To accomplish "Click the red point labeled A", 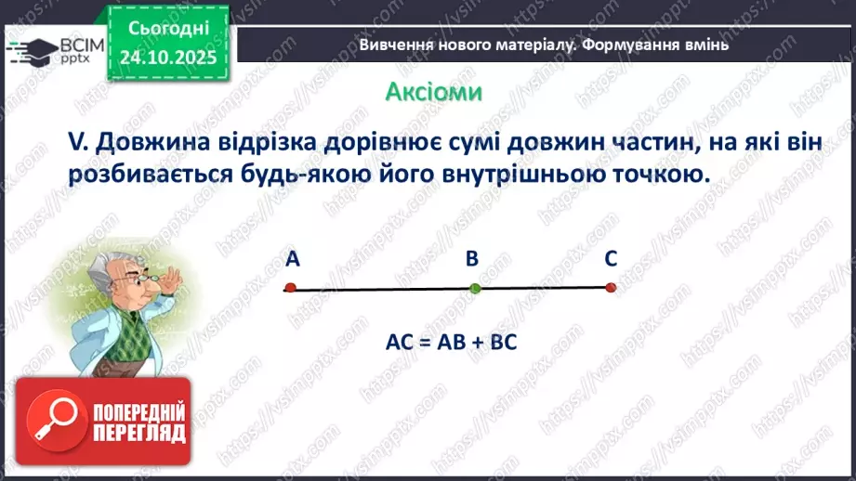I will pos(290,288).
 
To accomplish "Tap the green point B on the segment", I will pos(475,289).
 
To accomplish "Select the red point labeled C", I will pos(611,288).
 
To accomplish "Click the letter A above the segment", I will pos(293,260).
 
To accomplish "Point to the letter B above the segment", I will pos(471,260).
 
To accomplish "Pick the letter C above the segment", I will pos(611,260).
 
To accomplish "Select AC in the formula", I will pos(398,341).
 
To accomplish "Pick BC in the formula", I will pos(503,341).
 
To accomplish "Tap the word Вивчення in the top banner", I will pos(393,45).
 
